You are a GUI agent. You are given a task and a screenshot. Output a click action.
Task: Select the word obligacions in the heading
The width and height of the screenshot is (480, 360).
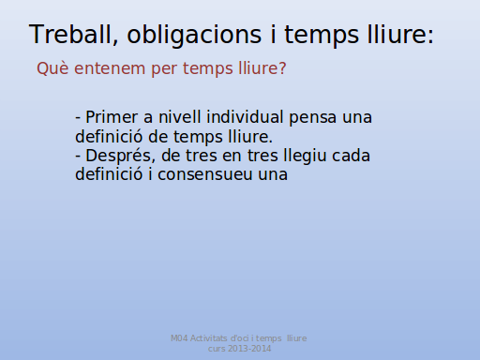[x=194, y=36]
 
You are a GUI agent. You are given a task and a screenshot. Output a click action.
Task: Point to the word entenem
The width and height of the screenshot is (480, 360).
[x=110, y=68]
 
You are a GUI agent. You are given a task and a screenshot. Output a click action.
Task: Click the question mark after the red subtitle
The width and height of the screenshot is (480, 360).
[x=282, y=68]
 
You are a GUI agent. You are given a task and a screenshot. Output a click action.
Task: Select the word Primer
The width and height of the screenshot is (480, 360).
[x=112, y=117]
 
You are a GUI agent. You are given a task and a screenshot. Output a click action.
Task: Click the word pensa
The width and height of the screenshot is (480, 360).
[x=313, y=118]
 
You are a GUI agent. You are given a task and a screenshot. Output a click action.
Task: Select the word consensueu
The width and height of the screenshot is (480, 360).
[x=205, y=175]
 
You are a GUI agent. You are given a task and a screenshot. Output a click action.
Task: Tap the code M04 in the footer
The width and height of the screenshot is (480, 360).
[x=179, y=338]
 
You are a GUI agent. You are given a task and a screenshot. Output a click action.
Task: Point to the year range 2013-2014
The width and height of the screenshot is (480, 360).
[x=249, y=349]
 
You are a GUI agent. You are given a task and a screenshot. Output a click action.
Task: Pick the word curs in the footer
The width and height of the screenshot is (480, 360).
[x=217, y=349]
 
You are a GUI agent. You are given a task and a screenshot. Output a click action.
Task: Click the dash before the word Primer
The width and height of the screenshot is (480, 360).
[x=78, y=119]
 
